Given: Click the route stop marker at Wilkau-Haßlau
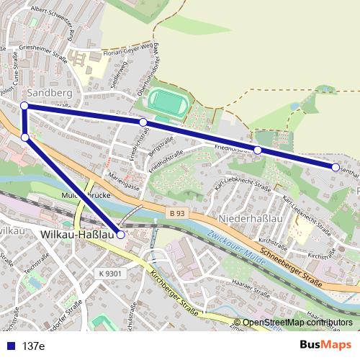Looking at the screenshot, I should click(x=121, y=235).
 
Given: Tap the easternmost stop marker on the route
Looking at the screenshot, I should click(x=336, y=167).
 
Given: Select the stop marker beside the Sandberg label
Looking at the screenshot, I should click(x=24, y=106).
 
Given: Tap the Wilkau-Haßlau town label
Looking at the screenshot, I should click(x=78, y=235).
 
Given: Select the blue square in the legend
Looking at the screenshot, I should click(x=9, y=346).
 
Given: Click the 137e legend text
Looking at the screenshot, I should click(x=33, y=346).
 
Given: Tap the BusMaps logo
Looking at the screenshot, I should click(x=325, y=345).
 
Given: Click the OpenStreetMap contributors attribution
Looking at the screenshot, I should click(x=298, y=323).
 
